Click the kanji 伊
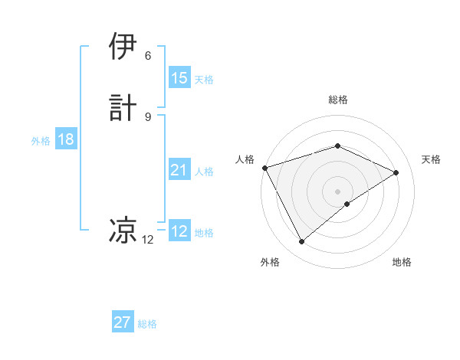(x=123, y=47)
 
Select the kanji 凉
(x=123, y=229)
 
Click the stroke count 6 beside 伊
(x=148, y=56)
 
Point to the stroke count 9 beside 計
(x=148, y=116)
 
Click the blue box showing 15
(x=179, y=77)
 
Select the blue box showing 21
(x=179, y=170)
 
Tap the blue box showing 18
(x=66, y=139)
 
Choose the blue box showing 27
(x=123, y=322)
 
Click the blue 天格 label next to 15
(x=204, y=79)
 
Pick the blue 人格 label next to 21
(x=204, y=172)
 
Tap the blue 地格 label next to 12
(x=204, y=233)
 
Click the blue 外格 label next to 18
(x=41, y=141)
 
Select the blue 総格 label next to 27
(x=147, y=324)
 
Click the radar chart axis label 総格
(x=337, y=100)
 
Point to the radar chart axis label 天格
(x=431, y=159)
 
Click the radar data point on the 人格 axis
(x=264, y=167)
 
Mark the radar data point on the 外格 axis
(x=301, y=242)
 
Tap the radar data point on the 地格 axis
(x=347, y=204)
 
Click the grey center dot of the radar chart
(x=337, y=191)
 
